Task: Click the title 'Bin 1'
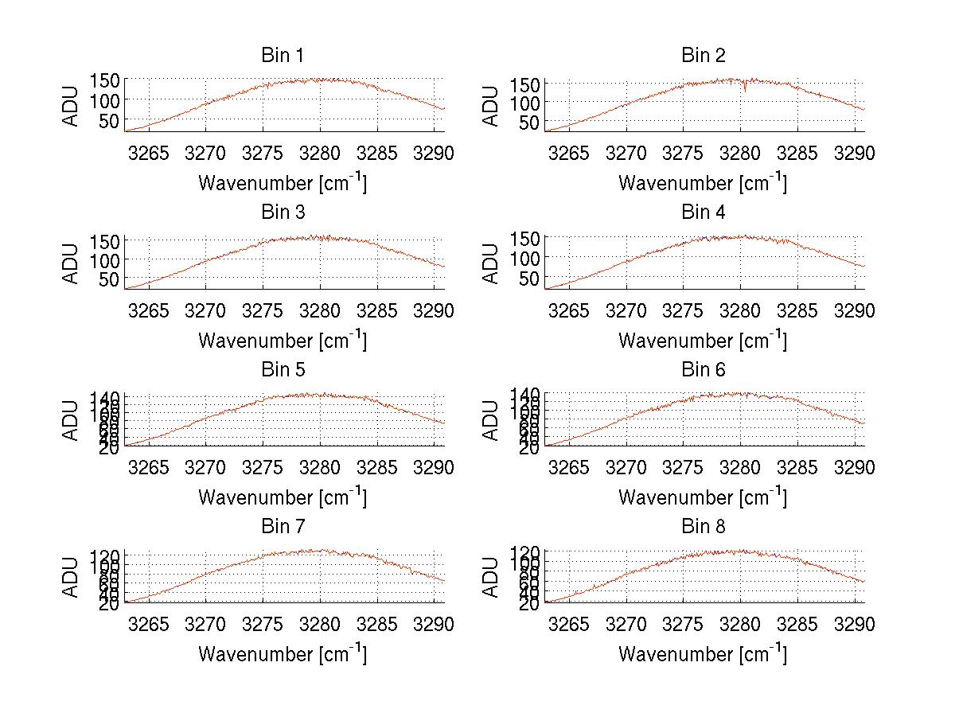282,56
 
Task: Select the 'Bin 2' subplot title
704,56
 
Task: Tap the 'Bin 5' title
282,370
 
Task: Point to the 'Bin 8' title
704,527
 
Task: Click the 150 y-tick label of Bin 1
104,80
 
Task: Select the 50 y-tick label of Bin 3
111,279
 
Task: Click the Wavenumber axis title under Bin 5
282,497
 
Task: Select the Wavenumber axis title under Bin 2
704,183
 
